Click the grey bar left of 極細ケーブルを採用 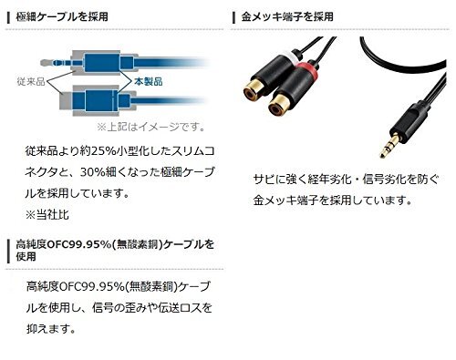point(8,17)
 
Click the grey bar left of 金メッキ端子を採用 point(232,17)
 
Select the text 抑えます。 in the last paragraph point(49,327)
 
